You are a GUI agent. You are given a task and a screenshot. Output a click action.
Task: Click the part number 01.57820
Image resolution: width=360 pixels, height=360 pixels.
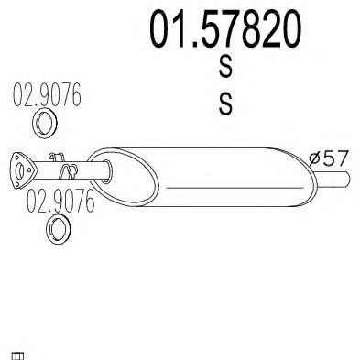225,29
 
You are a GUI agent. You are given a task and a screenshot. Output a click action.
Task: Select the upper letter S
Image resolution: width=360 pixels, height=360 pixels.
225,67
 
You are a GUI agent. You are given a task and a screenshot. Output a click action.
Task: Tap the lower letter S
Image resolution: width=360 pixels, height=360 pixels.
225,104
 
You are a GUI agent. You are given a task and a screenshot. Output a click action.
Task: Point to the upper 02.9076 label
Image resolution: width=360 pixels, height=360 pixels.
47,94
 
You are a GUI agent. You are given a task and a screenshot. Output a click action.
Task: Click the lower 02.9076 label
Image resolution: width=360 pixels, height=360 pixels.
60,201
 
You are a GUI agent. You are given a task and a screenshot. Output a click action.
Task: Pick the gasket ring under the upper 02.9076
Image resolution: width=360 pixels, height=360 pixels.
45,123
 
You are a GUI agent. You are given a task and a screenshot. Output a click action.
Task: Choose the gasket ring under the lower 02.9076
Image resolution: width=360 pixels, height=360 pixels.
59,229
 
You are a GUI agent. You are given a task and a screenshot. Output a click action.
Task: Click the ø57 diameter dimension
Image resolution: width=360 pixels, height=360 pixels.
328,158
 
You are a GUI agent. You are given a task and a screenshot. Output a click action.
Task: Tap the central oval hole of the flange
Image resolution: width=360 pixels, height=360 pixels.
20,171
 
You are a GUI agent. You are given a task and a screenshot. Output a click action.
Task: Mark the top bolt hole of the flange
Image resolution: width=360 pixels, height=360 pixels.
16,157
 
